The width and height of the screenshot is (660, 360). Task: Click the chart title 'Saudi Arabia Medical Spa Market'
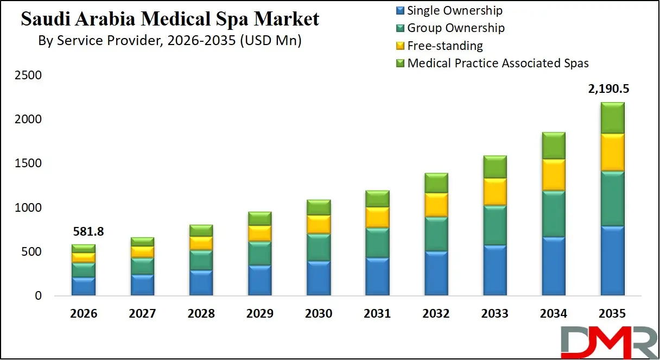170,19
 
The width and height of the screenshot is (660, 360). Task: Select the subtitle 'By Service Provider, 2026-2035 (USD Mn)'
170,41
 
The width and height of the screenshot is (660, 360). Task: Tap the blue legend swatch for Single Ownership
400,10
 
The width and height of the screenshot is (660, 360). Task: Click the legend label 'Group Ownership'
455,28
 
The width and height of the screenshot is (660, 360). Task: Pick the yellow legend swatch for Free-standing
400,46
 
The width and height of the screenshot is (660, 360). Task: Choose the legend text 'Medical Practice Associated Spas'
498,63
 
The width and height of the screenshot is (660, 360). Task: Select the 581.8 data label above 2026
88,232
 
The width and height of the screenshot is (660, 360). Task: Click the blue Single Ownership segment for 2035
612,261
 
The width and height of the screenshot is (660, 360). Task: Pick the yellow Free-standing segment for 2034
553,175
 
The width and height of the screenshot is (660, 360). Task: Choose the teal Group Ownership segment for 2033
494,225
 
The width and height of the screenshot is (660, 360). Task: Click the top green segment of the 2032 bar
436,183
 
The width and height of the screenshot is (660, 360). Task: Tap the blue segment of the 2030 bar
319,278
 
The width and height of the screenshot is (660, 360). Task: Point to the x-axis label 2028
201,314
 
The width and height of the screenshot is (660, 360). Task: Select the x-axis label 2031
377,314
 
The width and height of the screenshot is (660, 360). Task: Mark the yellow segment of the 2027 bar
143,251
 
